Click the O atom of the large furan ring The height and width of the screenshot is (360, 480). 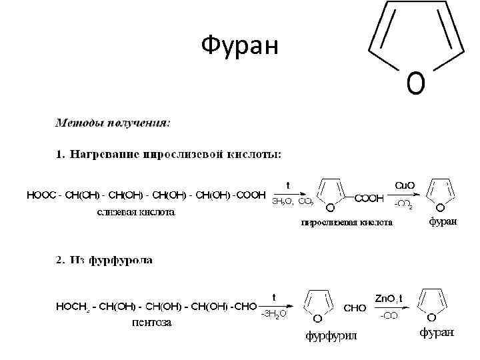[x=415, y=83]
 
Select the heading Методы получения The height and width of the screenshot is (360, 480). [x=112, y=123]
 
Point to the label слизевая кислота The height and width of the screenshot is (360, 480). [x=136, y=212]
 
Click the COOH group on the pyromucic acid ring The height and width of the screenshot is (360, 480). [x=369, y=198]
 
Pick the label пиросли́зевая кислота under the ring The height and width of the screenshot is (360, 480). [x=346, y=223]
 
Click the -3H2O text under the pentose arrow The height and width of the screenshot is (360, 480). [x=273, y=313]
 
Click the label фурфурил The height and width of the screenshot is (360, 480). [x=331, y=335]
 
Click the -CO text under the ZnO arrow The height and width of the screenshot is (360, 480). [x=389, y=316]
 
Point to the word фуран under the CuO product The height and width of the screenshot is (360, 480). [x=442, y=222]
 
